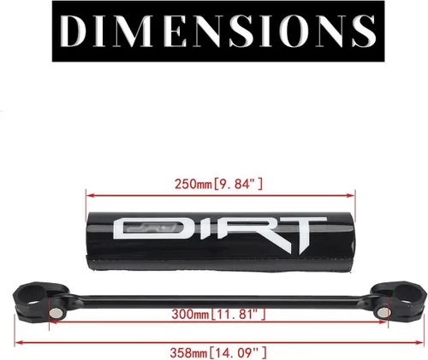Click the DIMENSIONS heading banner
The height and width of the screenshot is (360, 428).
tap(218, 31)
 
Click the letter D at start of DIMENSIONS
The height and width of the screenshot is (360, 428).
tap(74, 31)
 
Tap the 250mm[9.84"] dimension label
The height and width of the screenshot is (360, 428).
tap(218, 184)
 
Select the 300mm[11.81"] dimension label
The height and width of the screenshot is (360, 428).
tap(218, 315)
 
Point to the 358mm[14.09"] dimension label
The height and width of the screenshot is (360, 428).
tap(218, 353)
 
